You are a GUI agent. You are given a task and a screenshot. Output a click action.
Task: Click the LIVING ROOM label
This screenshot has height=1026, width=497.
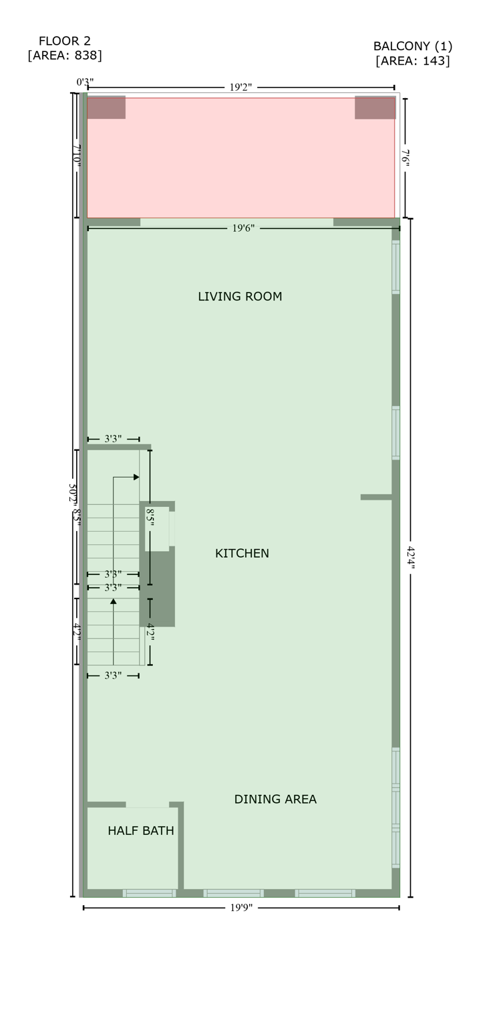pos(240,297)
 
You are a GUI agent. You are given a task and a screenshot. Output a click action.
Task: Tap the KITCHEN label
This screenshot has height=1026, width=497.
pos(242,554)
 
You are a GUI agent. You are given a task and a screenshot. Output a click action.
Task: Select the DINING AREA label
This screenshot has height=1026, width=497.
pos(275,800)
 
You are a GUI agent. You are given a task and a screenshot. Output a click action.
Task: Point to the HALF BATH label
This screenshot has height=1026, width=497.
pos(140,831)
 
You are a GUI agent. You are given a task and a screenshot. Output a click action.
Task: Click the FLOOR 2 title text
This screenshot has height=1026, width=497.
pos(65,41)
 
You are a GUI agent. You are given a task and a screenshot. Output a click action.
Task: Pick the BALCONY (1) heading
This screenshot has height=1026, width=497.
pos(413,46)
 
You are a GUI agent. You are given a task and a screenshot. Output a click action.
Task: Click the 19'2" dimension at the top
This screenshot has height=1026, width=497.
pos(240,88)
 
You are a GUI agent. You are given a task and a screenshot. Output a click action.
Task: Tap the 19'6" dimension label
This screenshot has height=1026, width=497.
pos(243,228)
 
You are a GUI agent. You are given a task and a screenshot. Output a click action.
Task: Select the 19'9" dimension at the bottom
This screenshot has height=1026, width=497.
pos(240,908)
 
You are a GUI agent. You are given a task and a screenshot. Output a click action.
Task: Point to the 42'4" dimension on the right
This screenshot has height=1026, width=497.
pos(411,557)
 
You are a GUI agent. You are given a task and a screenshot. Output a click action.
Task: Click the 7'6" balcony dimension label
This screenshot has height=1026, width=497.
pos(405,158)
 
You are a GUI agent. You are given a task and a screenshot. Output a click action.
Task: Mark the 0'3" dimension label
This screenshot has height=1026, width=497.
pos(85,82)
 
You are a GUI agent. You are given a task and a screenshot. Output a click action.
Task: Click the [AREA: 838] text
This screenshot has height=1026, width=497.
pos(65,55)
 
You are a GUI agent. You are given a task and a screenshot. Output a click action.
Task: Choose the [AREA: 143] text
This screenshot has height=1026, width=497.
pos(413,61)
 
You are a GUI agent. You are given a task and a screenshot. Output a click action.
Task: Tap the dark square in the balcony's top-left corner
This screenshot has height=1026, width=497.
pos(106,108)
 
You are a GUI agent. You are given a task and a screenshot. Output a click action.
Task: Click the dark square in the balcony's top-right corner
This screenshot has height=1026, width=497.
pos(375,108)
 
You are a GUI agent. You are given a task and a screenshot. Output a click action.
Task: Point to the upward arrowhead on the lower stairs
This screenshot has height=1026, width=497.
pos(114,602)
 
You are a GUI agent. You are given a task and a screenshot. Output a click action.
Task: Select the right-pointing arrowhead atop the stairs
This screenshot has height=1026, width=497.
pos(136,477)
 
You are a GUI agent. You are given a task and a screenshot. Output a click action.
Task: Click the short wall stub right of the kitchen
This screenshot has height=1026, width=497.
pos(376,497)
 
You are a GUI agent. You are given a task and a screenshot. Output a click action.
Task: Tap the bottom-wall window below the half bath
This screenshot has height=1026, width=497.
pos(149,893)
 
